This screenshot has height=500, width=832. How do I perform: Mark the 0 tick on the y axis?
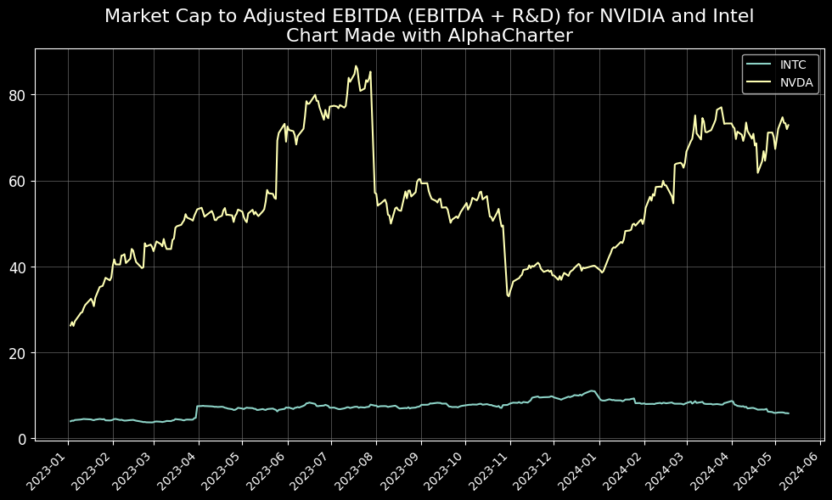tap(22, 438)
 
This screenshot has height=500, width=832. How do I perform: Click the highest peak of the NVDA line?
tap(356, 65)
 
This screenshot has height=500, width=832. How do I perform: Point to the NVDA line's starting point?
tap(70, 325)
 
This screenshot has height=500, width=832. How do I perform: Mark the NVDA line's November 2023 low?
tap(509, 296)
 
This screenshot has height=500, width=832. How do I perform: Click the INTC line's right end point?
tap(789, 413)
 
